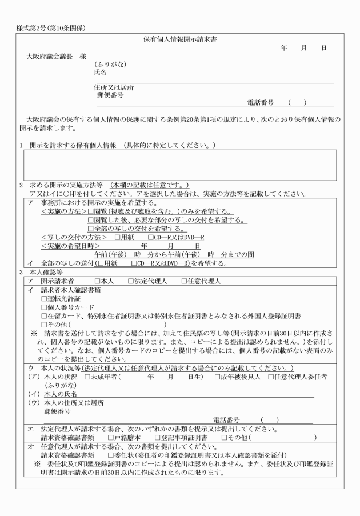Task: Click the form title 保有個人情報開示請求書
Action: tap(179, 39)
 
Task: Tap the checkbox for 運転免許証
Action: tap(45, 298)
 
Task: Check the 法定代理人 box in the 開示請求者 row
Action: tap(131, 281)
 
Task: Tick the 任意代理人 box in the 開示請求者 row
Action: tap(184, 281)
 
